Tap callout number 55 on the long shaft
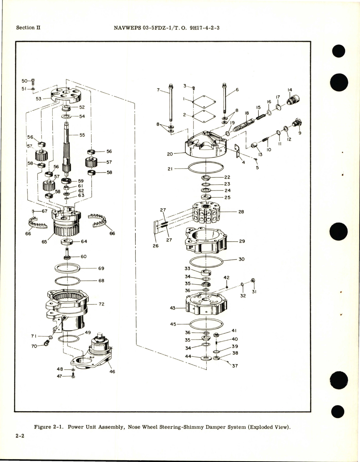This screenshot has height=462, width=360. tap(82, 135)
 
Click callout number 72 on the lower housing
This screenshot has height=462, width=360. tap(101, 304)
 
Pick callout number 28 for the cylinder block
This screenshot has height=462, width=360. tap(241, 212)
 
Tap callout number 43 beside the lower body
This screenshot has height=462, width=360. tap(173, 308)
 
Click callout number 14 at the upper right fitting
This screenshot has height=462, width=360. tap(290, 90)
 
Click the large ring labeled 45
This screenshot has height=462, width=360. tap(207, 324)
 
